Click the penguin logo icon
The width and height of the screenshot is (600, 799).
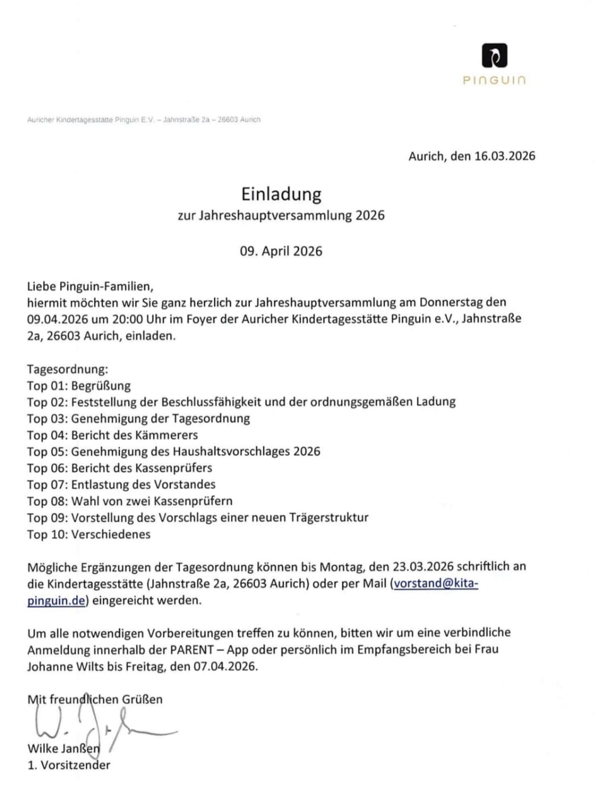(x=494, y=56)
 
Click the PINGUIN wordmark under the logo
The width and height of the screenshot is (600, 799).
(x=494, y=81)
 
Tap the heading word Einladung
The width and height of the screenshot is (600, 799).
(x=281, y=194)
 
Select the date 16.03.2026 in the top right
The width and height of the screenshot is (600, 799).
(x=505, y=156)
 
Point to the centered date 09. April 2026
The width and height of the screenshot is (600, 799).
(x=281, y=251)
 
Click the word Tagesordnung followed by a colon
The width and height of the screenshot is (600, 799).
(x=67, y=369)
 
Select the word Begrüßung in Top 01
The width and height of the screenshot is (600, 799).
(x=101, y=386)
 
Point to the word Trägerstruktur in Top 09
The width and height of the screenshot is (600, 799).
(x=329, y=517)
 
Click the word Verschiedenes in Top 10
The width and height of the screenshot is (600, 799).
(x=111, y=534)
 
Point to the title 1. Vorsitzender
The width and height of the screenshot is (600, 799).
(x=69, y=765)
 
